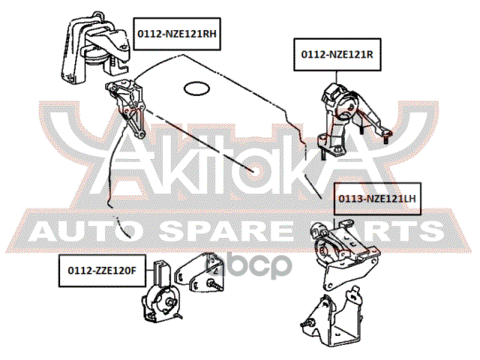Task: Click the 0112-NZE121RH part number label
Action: coord(177,34)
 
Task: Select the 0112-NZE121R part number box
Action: coord(337,55)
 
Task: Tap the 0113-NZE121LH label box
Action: coord(377,199)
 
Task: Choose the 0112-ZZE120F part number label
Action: coord(102,271)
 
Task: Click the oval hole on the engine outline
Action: coord(196,88)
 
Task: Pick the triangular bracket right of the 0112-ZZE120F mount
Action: coord(199,272)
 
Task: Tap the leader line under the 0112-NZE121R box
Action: coord(337,77)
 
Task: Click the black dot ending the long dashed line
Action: coord(253,170)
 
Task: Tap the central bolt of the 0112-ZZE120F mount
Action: coord(169,301)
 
